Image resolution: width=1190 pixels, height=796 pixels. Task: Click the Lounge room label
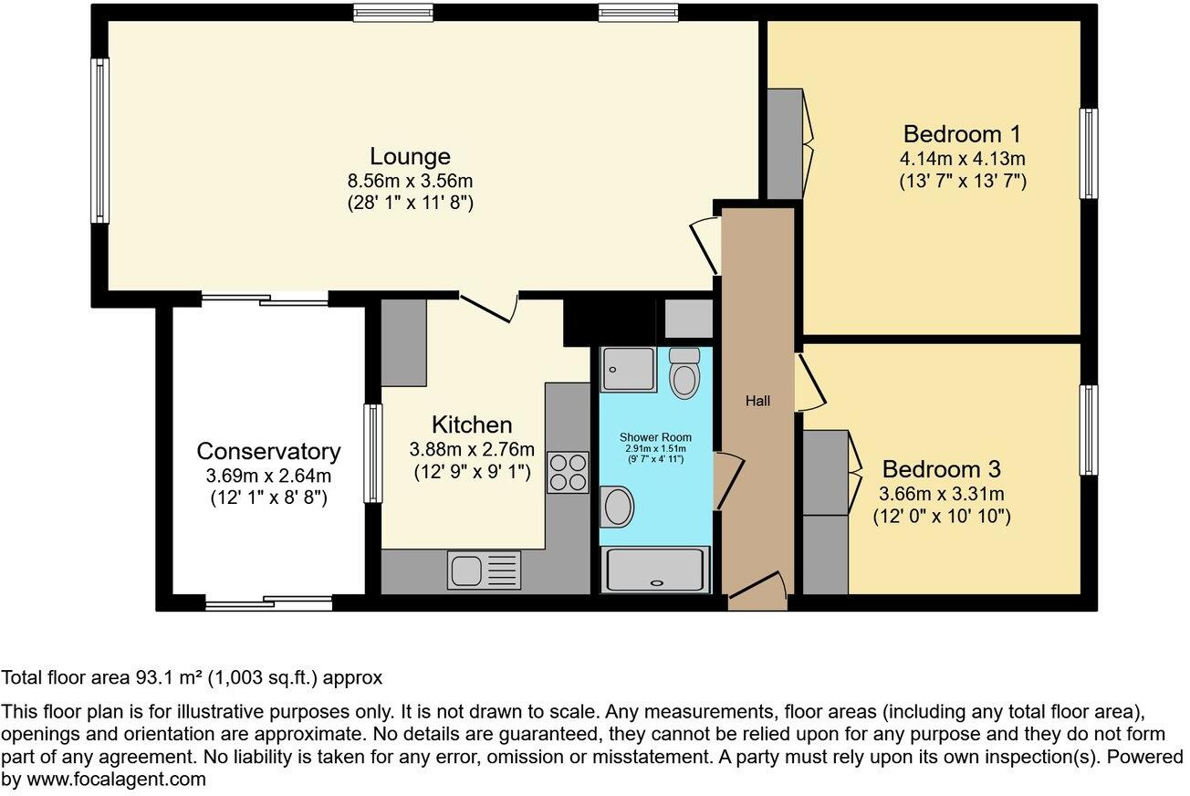(410, 155)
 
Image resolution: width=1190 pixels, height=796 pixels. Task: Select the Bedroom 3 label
(941, 469)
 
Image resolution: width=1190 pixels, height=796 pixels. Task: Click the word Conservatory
(268, 451)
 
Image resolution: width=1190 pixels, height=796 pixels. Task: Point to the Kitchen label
(471, 424)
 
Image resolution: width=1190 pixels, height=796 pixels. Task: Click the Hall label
(757, 401)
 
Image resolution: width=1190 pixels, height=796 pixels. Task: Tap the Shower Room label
(654, 437)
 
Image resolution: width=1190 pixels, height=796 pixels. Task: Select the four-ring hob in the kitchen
(567, 473)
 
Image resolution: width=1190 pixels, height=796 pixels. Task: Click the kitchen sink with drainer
(484, 571)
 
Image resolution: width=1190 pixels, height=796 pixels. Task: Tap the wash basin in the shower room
(618, 507)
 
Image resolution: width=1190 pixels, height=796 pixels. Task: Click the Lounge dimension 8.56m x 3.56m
(410, 180)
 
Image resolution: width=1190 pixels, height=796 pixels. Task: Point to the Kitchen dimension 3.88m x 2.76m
(471, 448)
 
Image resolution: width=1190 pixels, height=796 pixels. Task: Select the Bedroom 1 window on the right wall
(1088, 153)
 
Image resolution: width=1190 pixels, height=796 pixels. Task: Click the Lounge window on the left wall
(99, 141)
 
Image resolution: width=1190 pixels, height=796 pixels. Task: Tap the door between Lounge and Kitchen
(490, 307)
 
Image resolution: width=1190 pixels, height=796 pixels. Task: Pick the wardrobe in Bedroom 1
(784, 143)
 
